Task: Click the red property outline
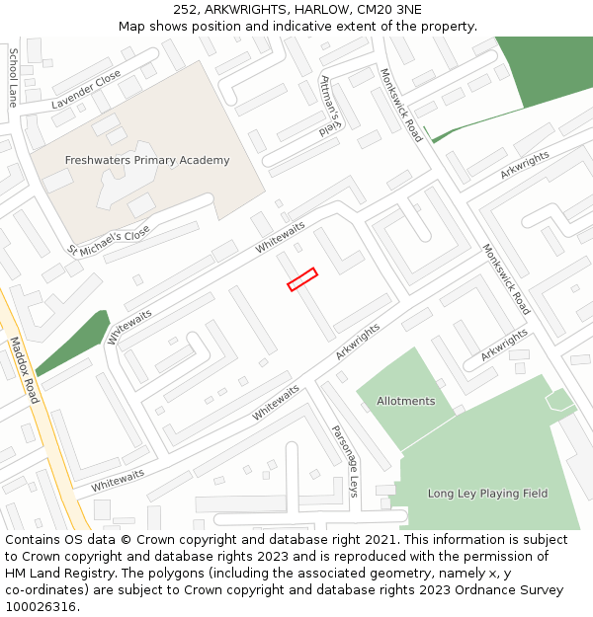302,279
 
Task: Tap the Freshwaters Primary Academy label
147,160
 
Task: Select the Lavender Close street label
86,89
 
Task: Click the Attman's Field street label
330,106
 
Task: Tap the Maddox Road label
24,370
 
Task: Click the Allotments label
405,401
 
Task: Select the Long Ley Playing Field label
487,493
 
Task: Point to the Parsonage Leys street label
345,460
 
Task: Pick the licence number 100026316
41,607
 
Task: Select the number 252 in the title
186,9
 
